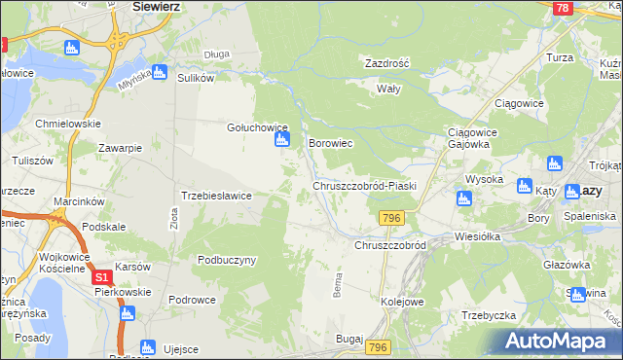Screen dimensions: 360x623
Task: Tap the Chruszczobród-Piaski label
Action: coord(364,185)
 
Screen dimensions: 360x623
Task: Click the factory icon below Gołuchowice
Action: coord(281,141)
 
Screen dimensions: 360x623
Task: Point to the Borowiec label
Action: coord(329,143)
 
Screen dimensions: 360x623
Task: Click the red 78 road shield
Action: coord(561,8)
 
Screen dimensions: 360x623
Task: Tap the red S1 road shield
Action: coord(103,278)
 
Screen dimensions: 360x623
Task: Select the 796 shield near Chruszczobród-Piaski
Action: coord(392,217)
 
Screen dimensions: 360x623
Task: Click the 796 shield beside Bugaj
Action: coord(379,347)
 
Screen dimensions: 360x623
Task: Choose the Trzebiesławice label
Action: coord(217,196)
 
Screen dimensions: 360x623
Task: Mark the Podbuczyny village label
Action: coord(226,260)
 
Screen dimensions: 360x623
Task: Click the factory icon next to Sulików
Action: coord(159,72)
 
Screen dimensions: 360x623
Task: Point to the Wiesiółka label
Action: coord(477,235)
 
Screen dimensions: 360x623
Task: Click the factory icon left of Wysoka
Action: coord(463,198)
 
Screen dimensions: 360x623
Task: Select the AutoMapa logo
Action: coord(561,342)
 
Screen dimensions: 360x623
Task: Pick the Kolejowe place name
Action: coord(403,302)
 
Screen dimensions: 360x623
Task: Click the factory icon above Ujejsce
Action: coord(148,346)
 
